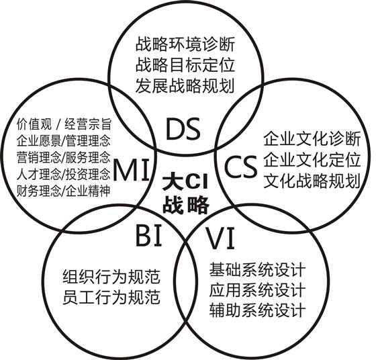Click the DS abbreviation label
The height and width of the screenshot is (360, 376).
point(183,129)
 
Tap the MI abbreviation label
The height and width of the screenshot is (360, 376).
point(131,170)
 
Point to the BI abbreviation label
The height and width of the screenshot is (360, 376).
point(148,235)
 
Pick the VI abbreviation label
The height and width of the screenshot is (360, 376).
point(220,238)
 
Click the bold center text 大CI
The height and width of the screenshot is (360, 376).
point(185,183)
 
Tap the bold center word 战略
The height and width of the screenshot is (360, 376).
point(186,205)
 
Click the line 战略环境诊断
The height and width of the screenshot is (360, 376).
point(185,44)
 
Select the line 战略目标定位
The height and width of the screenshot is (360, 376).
point(185,65)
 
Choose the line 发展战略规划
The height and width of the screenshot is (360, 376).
point(185,86)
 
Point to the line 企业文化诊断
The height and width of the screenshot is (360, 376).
point(312,138)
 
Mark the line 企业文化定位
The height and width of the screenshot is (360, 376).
point(312,159)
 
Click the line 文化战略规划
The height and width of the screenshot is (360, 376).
point(312,181)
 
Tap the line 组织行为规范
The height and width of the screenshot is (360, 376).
point(111,277)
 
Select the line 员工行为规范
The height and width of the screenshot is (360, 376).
point(111,297)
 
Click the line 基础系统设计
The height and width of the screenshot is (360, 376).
point(258,269)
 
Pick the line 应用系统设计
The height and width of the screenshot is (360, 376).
point(258,290)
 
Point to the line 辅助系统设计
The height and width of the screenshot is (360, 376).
point(258,310)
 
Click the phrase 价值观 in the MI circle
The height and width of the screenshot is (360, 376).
point(34,124)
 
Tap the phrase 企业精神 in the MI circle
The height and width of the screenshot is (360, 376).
point(87,191)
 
